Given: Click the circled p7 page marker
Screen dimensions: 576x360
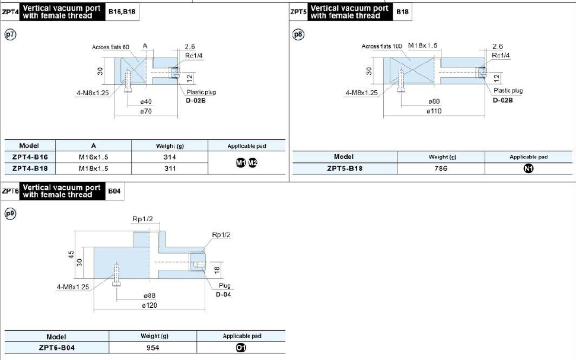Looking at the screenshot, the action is pyautogui.click(x=10, y=34).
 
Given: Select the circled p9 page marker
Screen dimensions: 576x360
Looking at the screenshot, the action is pyautogui.click(x=10, y=214).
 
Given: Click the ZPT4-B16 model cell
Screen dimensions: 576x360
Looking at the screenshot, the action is pyautogui.click(x=30, y=157).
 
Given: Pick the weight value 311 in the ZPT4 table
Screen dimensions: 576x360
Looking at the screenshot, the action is pyautogui.click(x=170, y=168).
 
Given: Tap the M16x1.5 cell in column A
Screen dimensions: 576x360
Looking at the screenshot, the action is pyautogui.click(x=93, y=157).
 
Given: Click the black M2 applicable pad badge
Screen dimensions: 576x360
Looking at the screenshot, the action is pyautogui.click(x=253, y=163).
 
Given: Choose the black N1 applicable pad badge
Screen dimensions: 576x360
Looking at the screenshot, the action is pyautogui.click(x=528, y=168).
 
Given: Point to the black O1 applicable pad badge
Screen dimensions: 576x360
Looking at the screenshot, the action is pyautogui.click(x=241, y=348).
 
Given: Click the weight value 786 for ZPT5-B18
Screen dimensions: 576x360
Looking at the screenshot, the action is pyautogui.click(x=441, y=168).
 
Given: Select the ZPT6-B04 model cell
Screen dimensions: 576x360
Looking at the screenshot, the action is pyautogui.click(x=57, y=348).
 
